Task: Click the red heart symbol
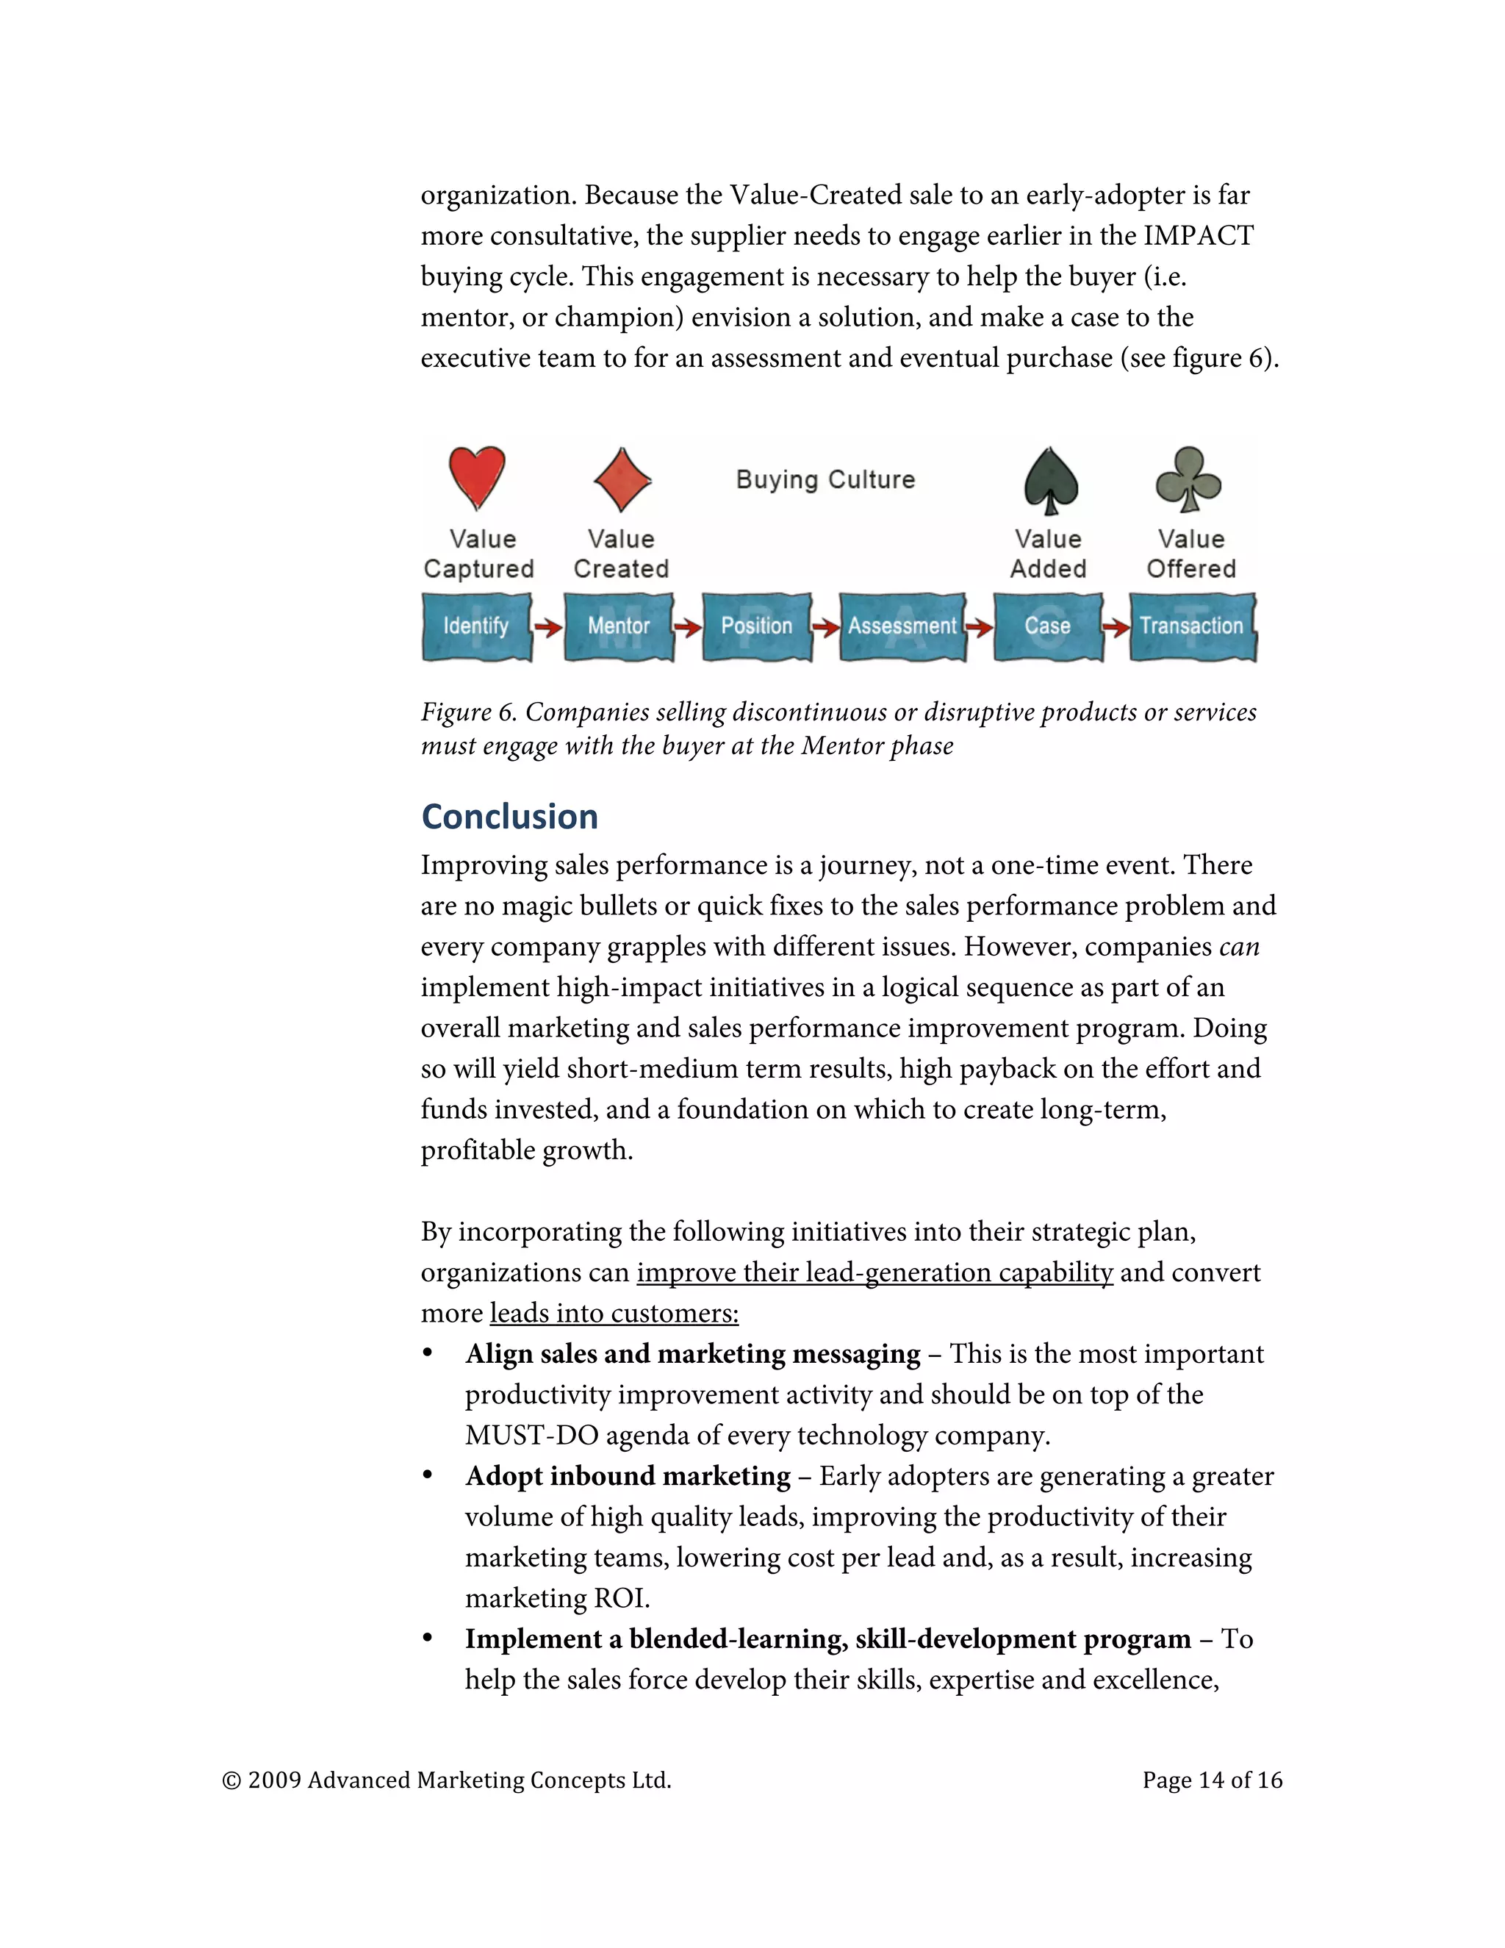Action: [x=477, y=477]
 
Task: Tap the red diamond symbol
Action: [x=622, y=479]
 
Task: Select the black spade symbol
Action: [x=1051, y=480]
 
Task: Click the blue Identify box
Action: [x=476, y=626]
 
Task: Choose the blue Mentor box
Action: [x=619, y=626]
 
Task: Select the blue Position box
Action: [x=756, y=626]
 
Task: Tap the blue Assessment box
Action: [x=902, y=626]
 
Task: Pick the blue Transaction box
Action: [x=1192, y=626]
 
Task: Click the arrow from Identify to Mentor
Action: [x=548, y=628]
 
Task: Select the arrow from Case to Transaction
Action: [x=1116, y=628]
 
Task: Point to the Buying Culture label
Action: [x=825, y=480]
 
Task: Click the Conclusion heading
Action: [x=509, y=817]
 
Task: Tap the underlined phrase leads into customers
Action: [x=614, y=1313]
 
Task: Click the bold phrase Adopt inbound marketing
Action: [x=628, y=1476]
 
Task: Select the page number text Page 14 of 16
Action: [x=1212, y=1780]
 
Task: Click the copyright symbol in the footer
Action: [x=231, y=1781]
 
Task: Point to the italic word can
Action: [x=1239, y=946]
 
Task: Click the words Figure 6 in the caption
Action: [x=468, y=712]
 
